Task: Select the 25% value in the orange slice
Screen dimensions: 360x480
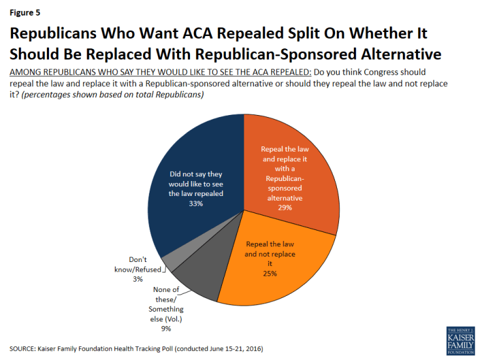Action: pos(270,273)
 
